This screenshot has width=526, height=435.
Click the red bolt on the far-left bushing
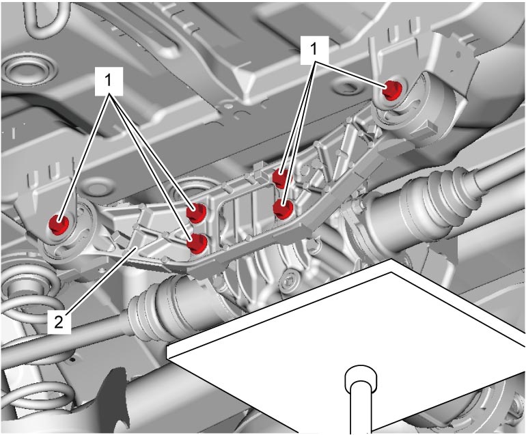(x=59, y=225)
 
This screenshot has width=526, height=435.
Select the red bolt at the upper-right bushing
(x=393, y=90)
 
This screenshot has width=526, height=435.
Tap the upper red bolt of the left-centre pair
(x=197, y=212)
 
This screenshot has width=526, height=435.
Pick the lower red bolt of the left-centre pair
(x=198, y=244)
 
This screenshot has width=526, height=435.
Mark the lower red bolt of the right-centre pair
(x=283, y=209)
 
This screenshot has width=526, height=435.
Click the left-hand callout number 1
(x=109, y=81)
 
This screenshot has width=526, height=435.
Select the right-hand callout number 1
(x=314, y=50)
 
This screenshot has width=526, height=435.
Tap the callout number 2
(x=59, y=322)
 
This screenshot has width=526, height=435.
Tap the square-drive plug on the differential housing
(x=289, y=279)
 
